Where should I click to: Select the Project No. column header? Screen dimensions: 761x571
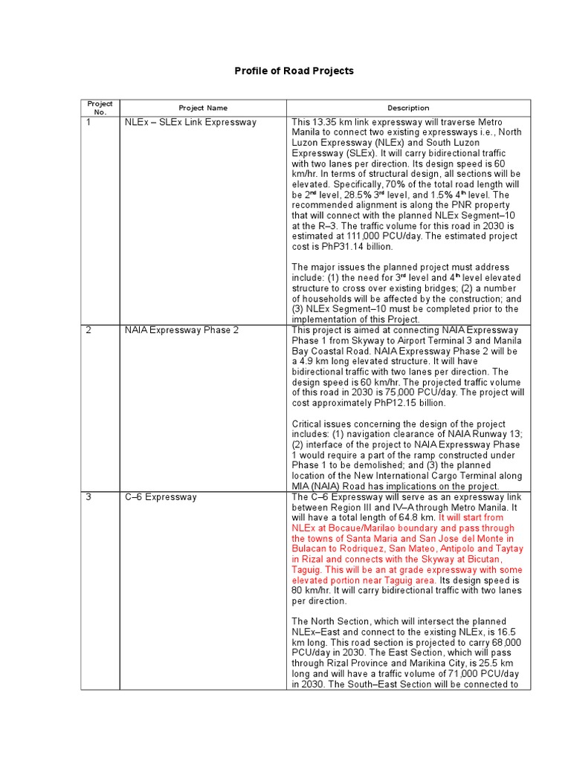click(100, 108)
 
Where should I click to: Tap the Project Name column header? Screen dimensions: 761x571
click(202, 108)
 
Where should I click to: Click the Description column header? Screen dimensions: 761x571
click(408, 108)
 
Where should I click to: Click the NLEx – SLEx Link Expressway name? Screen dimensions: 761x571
click(190, 122)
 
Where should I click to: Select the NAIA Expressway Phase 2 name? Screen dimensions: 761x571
click(181, 330)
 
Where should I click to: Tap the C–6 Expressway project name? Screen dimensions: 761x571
click(161, 496)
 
